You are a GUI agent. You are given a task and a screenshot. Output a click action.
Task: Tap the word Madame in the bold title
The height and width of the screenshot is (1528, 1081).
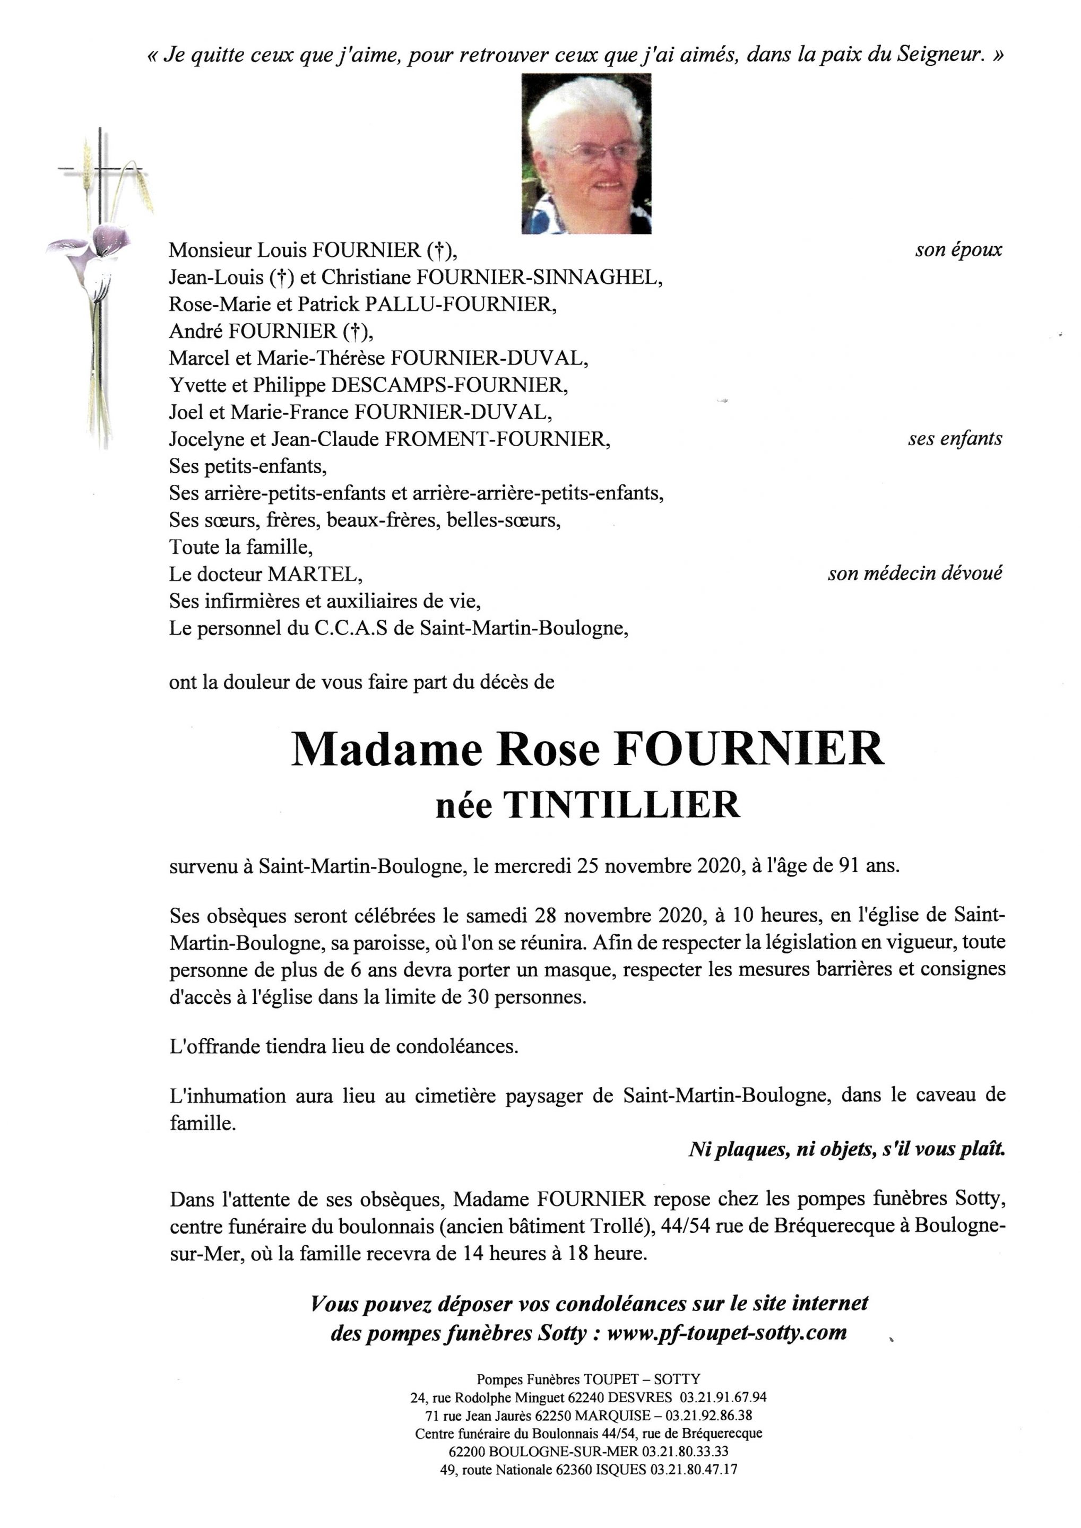[386, 749]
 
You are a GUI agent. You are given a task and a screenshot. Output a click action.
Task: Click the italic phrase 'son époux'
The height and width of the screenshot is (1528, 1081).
[958, 250]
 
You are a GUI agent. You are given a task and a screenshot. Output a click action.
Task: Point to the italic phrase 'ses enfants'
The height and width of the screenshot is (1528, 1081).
[955, 439]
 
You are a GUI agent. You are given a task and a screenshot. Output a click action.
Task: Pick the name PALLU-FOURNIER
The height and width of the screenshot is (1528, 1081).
[459, 304]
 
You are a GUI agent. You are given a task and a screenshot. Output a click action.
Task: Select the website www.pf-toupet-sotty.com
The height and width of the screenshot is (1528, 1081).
[727, 1332]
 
